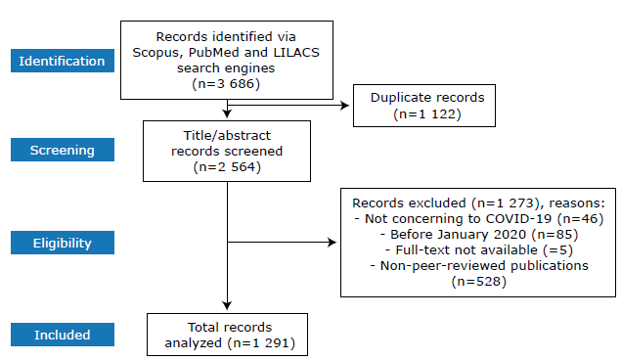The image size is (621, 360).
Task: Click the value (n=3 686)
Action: pos(226,85)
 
